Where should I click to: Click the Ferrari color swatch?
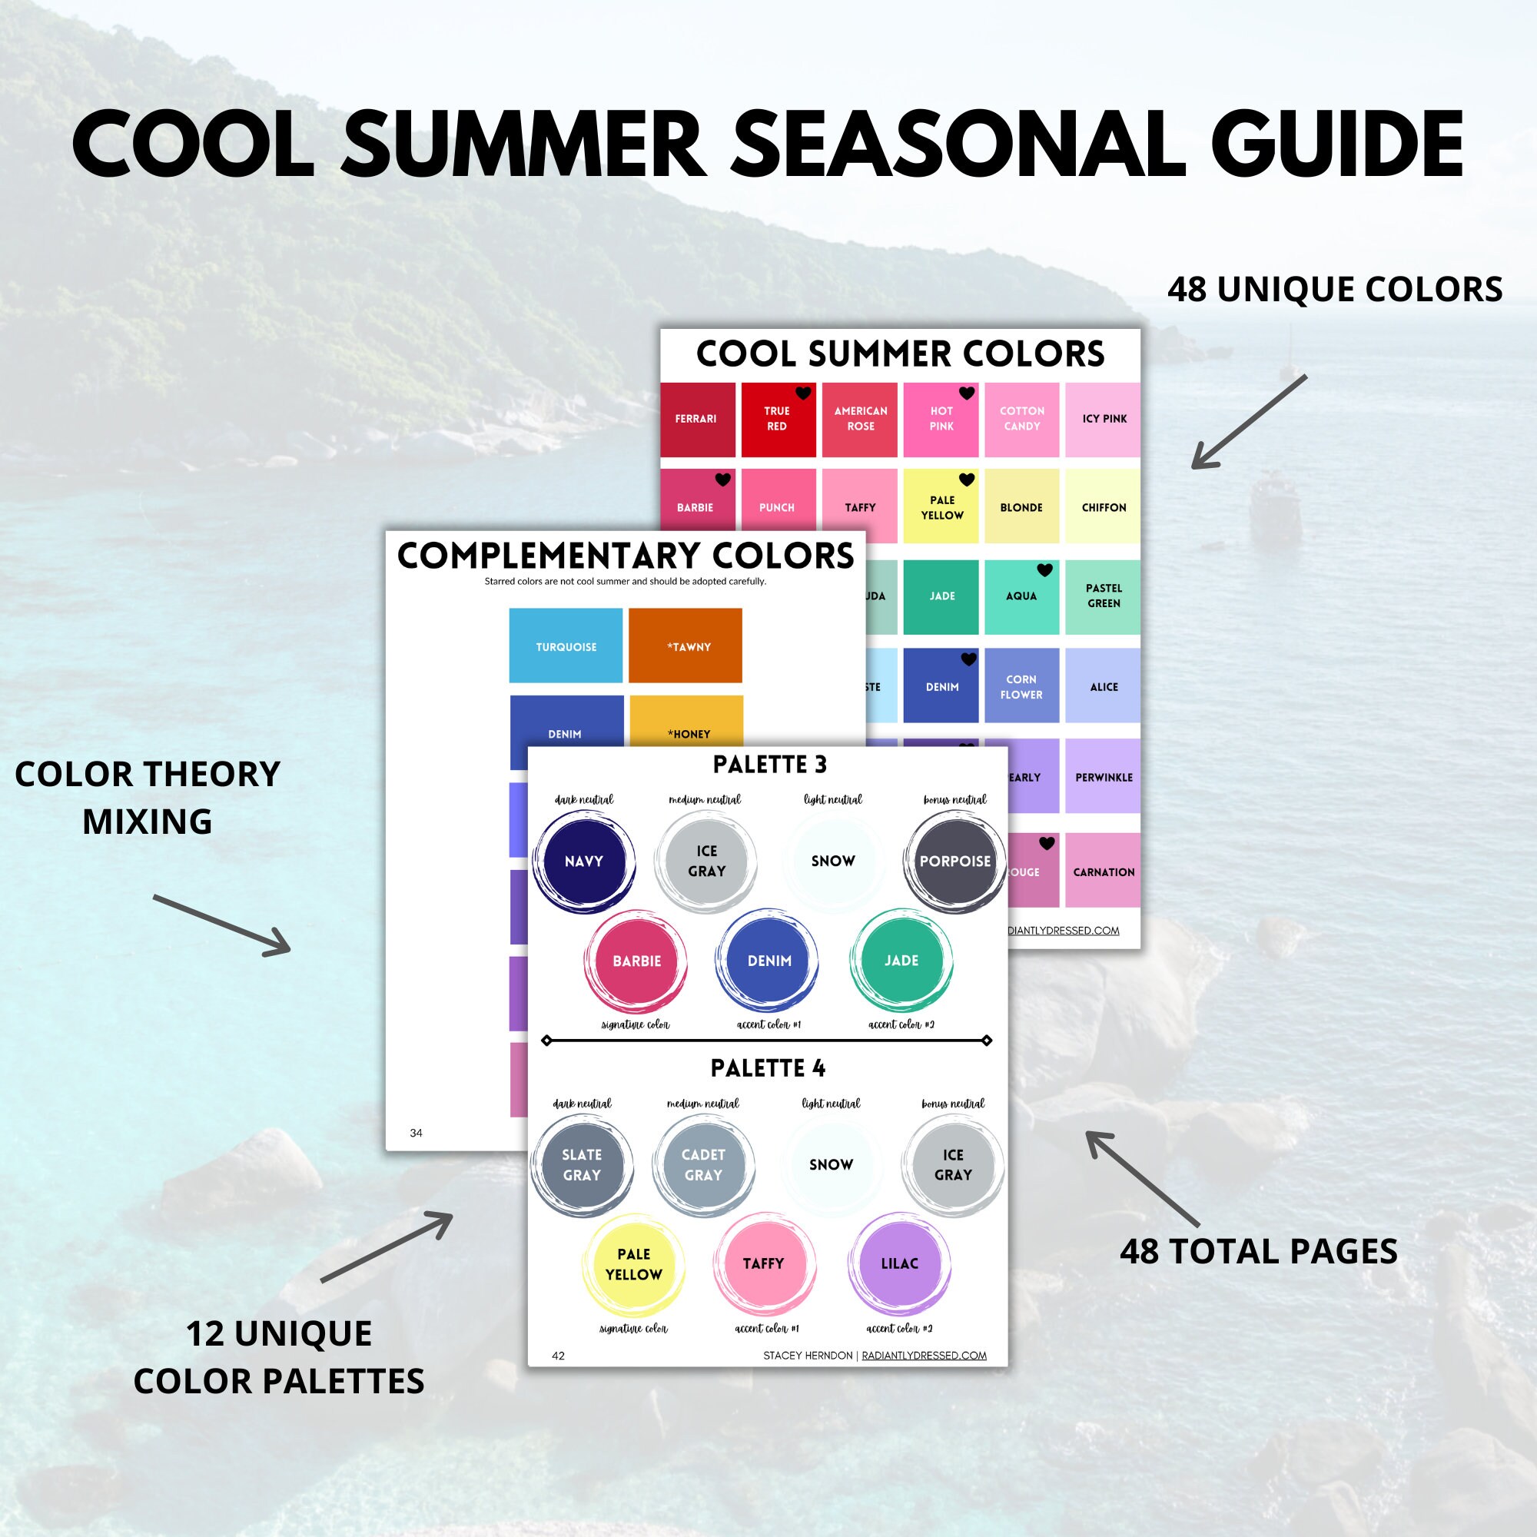tap(697, 420)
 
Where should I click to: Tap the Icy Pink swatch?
tap(1103, 420)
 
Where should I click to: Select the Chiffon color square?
tap(1103, 506)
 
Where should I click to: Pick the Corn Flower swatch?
tap(1021, 686)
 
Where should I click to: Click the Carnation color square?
tap(1103, 871)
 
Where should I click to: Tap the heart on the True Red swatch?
tap(804, 393)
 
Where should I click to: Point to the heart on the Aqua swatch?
tap(1044, 569)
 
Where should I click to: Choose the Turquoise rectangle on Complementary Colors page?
tap(566, 646)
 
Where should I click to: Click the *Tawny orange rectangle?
tap(685, 646)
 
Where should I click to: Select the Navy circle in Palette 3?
tap(583, 861)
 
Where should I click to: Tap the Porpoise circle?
tap(954, 861)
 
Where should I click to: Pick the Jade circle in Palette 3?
tap(901, 960)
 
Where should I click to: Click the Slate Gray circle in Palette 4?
tap(582, 1165)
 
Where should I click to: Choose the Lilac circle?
tap(899, 1263)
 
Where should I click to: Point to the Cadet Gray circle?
tap(703, 1165)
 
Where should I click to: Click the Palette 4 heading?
tap(768, 1067)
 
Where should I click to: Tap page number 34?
tap(416, 1133)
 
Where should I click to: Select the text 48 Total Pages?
tap(1259, 1251)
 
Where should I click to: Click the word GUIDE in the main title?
tap(1336, 144)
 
